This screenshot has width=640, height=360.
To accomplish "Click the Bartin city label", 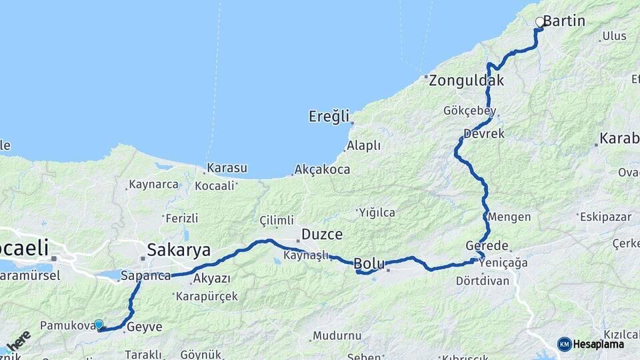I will (564, 21).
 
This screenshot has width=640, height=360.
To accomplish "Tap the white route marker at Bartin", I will (540, 22).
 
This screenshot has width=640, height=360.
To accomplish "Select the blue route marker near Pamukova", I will (99, 325).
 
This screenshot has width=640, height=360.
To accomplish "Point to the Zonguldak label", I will (466, 81).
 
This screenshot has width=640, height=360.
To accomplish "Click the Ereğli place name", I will (329, 117).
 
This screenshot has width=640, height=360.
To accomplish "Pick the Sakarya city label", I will (178, 251).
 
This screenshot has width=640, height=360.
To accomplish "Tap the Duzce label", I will (322, 234).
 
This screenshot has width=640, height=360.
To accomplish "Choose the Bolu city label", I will (369, 263).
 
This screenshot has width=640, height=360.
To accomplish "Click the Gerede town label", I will (487, 245).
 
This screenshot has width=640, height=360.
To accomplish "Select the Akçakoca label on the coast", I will (322, 169).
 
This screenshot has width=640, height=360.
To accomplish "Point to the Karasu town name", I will (227, 168).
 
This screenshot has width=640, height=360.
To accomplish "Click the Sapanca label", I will (146, 275).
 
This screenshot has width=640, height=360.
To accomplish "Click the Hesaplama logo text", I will (598, 344).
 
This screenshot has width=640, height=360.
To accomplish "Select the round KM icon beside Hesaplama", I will (564, 344).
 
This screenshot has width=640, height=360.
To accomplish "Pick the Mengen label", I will (509, 217).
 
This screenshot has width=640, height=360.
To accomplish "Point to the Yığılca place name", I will (377, 213).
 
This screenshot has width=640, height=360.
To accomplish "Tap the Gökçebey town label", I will (467, 111).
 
